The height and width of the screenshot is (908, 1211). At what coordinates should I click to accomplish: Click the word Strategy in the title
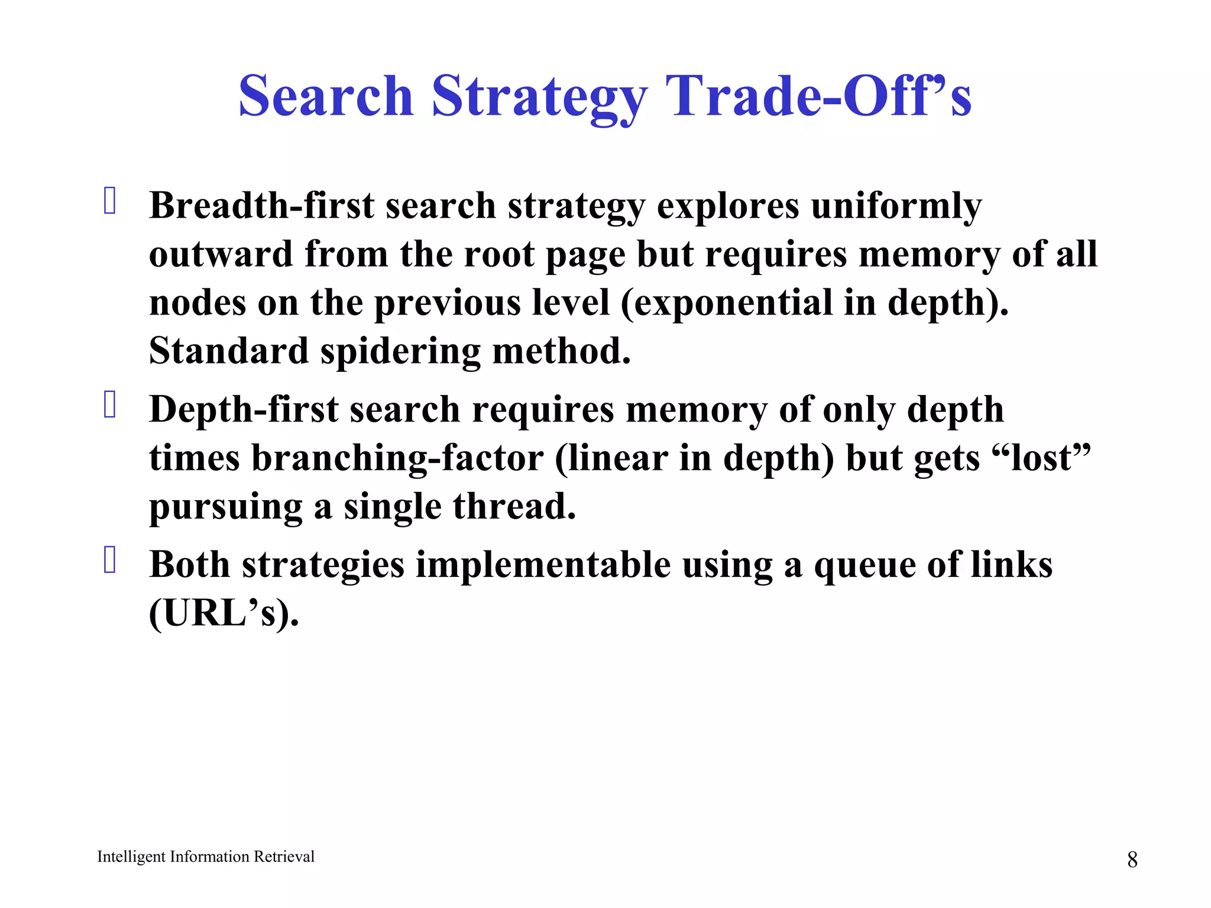539,98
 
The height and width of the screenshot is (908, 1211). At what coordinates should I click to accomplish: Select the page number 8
1132,860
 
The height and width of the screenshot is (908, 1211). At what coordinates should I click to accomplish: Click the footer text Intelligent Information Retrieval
206,857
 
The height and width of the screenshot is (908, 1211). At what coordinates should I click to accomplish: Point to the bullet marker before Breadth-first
109,200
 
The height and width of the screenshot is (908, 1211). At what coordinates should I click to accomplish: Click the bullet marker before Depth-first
109,405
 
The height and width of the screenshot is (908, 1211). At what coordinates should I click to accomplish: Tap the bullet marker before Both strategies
109,560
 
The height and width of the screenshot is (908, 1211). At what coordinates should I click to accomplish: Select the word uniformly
896,207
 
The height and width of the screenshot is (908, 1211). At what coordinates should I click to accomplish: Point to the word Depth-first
244,410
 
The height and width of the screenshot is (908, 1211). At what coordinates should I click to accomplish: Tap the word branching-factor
397,459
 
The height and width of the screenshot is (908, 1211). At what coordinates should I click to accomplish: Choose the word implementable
543,565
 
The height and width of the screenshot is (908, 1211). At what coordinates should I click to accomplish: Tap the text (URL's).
224,613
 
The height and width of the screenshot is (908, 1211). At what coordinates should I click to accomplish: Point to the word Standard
229,351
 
